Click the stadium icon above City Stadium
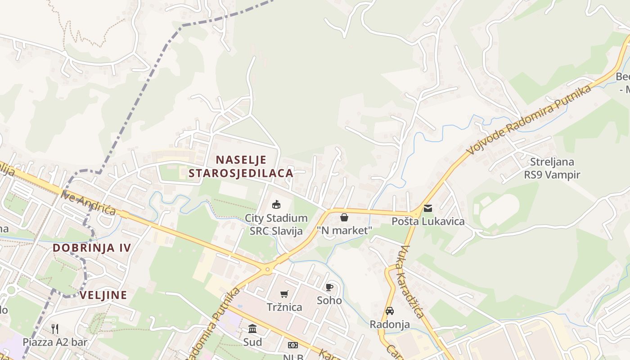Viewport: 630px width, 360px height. click(276, 205)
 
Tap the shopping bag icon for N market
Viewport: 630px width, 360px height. click(344, 218)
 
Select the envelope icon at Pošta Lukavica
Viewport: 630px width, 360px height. click(427, 208)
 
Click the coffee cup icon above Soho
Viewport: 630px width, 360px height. click(329, 287)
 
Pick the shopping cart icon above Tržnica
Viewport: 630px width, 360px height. click(284, 294)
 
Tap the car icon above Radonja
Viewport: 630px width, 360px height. click(390, 311)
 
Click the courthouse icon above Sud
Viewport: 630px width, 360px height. click(252, 329)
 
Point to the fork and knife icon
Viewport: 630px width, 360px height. click(55, 329)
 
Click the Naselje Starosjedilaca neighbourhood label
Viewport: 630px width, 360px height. click(241, 166)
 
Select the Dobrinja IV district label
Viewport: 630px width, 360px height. click(92, 247)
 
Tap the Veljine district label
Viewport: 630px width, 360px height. click(103, 295)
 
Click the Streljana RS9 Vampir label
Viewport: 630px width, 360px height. click(552, 168)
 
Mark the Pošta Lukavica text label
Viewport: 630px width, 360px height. click(428, 221)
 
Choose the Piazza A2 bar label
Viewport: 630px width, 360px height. click(55, 342)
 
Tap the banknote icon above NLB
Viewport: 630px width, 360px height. click(293, 345)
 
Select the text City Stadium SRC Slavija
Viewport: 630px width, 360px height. click(276, 225)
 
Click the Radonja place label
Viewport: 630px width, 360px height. click(390, 324)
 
